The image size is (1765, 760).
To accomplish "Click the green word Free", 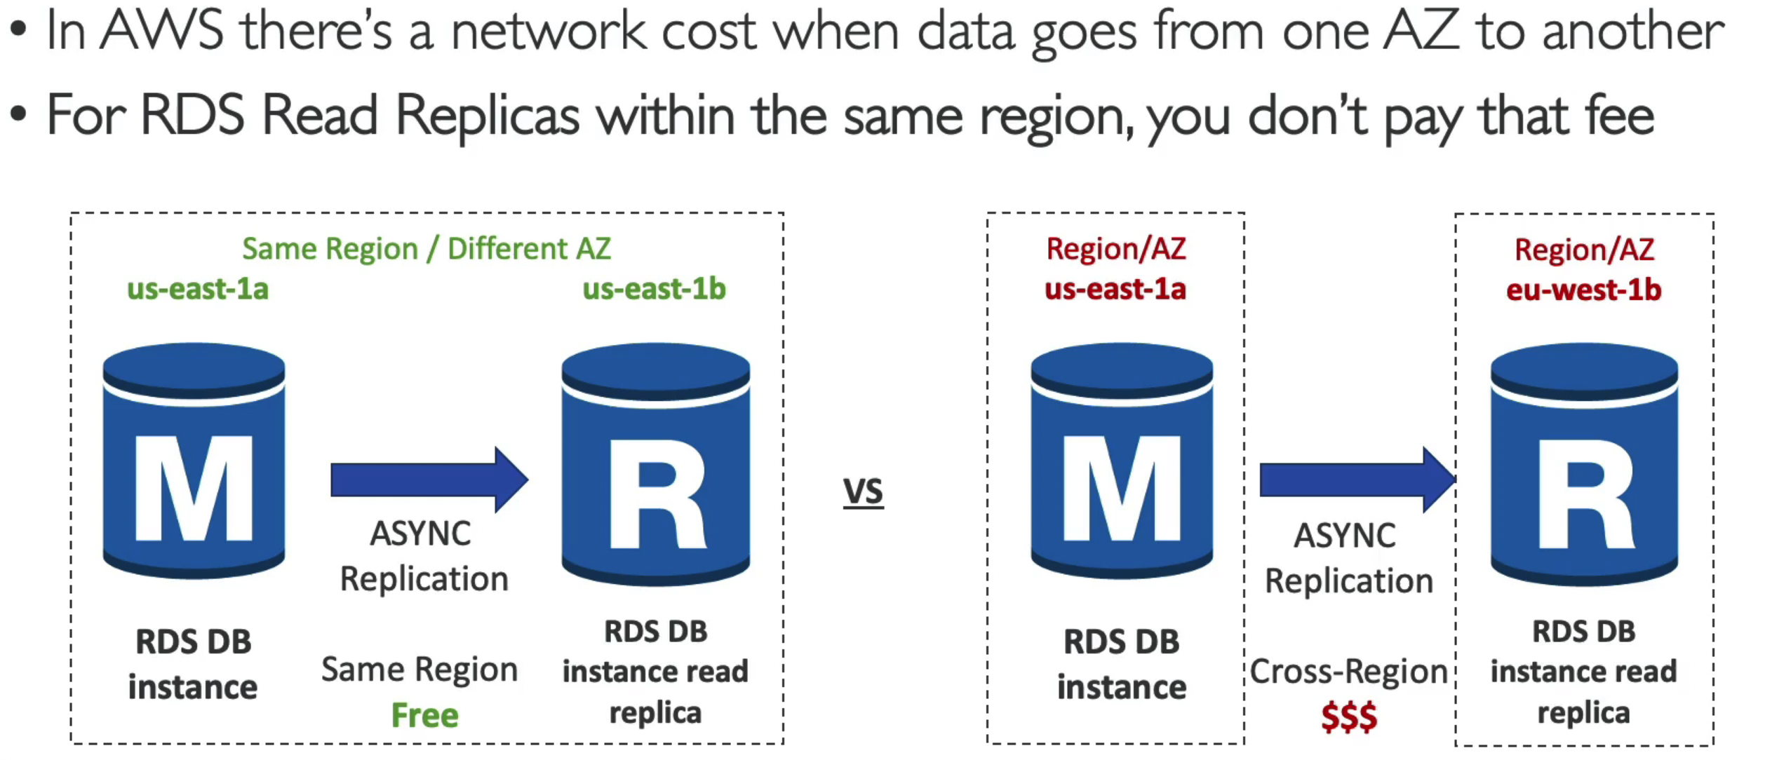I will coord(424,716).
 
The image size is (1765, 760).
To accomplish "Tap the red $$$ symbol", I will coord(1348,717).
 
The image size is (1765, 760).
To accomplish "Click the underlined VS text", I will coord(863,491).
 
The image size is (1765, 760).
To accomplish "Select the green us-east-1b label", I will coord(654,289).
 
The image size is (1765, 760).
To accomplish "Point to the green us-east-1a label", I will coord(198,289).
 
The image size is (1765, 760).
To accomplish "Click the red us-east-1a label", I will coord(1115,289).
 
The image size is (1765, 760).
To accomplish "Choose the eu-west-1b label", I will coord(1583,290).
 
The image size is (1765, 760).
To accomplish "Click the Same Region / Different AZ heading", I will coord(427,249).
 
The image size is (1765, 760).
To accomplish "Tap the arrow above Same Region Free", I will coord(429,480).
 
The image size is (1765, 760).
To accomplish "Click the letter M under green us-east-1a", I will coord(194,489).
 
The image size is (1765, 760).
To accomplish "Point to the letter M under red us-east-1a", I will coord(1122,489).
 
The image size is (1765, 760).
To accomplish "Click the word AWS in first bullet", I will coord(162,32).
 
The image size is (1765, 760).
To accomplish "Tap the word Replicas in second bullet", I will coord(488,116).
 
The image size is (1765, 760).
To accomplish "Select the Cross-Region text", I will coord(1348,672).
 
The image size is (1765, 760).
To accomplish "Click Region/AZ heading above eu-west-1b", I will coord(1584,250).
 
